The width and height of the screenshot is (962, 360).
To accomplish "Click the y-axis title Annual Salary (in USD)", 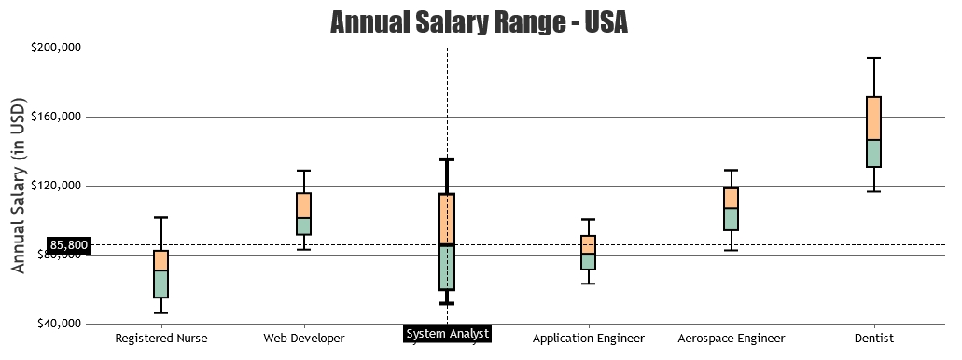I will (x=19, y=187).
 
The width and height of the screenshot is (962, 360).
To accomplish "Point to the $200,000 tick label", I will (x=55, y=48).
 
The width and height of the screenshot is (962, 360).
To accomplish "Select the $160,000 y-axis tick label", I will (x=55, y=117).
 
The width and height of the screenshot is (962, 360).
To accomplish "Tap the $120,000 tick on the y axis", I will (x=55, y=186).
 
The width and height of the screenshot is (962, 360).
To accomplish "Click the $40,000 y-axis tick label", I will (x=58, y=324).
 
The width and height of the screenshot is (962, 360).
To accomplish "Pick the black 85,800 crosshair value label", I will (x=69, y=245).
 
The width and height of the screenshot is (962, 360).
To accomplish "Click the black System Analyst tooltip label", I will (x=447, y=334).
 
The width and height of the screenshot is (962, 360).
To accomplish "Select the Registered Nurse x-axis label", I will (x=161, y=338).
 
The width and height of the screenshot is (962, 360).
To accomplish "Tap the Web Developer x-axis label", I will (x=304, y=338).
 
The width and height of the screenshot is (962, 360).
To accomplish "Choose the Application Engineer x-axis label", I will (x=589, y=338).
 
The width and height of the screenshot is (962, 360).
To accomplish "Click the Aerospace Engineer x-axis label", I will (x=732, y=338).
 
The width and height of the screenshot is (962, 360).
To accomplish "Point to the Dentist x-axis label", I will (x=873, y=338).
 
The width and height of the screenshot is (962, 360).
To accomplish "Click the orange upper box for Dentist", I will (x=873, y=118).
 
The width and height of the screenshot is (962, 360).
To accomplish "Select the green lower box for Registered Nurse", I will (x=161, y=284).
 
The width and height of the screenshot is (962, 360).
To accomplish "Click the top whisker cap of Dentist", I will (x=873, y=58).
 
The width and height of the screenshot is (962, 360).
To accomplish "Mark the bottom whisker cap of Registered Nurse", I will (x=161, y=312).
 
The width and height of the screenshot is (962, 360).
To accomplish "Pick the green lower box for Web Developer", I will (x=304, y=226).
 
